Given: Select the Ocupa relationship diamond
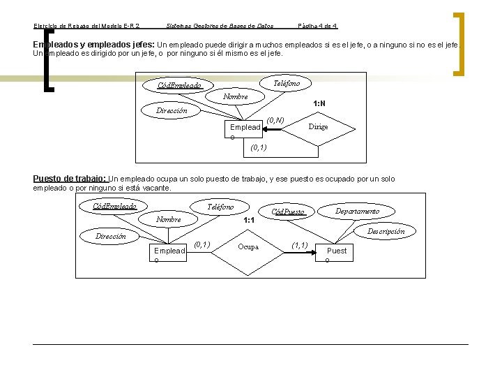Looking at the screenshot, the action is tap(248, 246).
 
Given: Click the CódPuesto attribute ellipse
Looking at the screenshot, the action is tap(287, 212).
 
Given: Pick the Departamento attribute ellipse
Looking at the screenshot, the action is tap(357, 211).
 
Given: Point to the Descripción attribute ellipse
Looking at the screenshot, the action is tap(386, 231).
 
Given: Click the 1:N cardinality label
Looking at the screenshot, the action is tap(319, 103).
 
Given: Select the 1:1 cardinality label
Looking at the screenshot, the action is tap(248, 221).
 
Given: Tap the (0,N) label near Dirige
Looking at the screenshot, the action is tap(275, 120).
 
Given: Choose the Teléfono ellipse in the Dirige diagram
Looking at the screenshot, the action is tap(287, 83).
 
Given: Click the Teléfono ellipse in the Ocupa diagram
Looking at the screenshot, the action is tap(221, 207).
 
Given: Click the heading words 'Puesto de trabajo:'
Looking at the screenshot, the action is tap(70, 179).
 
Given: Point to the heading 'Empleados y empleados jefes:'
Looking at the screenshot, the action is tap(95, 44).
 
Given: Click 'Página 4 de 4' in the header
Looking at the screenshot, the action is tap(317, 26).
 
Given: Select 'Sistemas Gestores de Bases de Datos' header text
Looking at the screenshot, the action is tap(220, 26).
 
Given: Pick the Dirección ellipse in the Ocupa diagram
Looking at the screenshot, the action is tap(110, 237).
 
